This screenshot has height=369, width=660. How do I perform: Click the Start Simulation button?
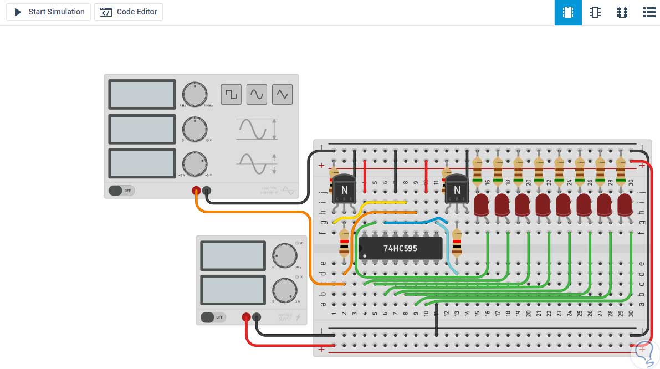(x=48, y=12)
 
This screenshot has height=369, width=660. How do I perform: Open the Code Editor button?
(x=129, y=12)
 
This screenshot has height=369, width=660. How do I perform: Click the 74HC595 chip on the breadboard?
(x=400, y=248)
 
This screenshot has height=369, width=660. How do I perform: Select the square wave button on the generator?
(x=231, y=94)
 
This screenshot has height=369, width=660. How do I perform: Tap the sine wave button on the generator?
(x=257, y=94)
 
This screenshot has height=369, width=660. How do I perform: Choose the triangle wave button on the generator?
(x=282, y=94)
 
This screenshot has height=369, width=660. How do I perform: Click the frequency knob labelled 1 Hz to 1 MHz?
(x=194, y=95)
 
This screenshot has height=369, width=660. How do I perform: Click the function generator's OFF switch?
(x=121, y=191)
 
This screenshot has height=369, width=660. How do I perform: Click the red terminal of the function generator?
(x=196, y=191)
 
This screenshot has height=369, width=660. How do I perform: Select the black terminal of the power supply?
(x=257, y=317)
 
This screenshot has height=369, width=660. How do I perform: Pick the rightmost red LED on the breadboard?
(x=625, y=204)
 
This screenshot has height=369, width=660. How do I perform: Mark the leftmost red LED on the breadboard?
(x=482, y=204)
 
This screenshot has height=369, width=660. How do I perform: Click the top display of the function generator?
(x=142, y=94)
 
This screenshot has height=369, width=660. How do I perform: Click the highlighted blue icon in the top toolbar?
(x=567, y=12)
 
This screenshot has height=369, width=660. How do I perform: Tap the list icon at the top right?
(x=649, y=12)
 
